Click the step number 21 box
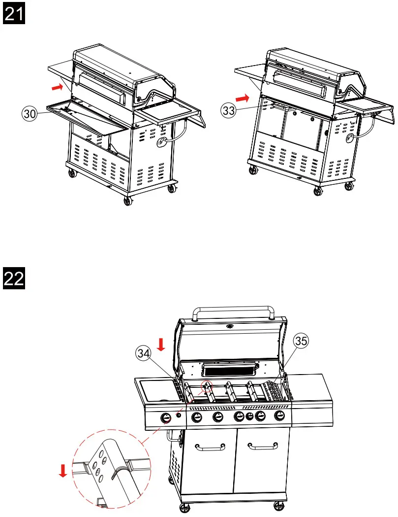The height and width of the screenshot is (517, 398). click(x=14, y=14)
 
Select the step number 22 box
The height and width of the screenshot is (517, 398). click(x=14, y=279)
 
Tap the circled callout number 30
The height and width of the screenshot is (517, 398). click(x=31, y=114)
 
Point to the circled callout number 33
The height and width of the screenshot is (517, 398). click(x=228, y=111)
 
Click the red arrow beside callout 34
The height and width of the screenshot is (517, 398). click(x=161, y=344)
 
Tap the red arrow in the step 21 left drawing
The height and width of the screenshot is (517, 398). click(x=58, y=88)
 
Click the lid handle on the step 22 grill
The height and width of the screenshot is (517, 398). click(x=234, y=310)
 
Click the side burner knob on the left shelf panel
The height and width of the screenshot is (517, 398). click(x=166, y=418)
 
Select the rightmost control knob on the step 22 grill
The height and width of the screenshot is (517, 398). click(x=280, y=415)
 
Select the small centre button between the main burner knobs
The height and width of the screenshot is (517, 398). click(x=249, y=416)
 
